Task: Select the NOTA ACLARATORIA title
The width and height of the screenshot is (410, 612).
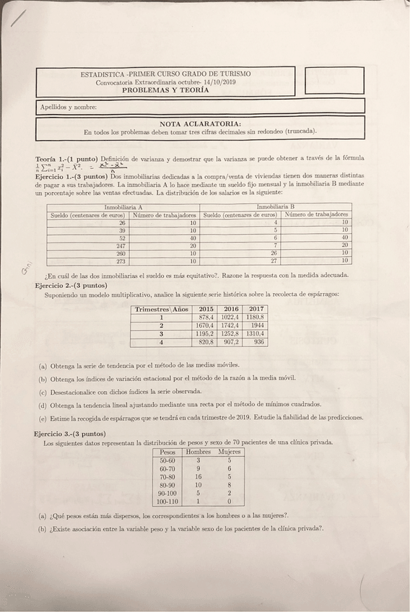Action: pos(200,123)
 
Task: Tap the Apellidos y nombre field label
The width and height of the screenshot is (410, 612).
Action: pos(69,107)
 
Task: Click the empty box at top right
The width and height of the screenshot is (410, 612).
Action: pos(333,81)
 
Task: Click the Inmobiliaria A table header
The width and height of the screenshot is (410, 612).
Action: pos(123,207)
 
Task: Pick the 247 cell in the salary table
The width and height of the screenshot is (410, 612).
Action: pos(121,245)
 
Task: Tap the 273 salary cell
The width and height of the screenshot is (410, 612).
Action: pos(121,261)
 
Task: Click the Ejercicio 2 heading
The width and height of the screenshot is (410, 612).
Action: pos(71,285)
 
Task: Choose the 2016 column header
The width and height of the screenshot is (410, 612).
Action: pos(230,308)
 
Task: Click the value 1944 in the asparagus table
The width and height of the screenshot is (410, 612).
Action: pos(257,325)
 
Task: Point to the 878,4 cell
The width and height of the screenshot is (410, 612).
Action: pos(206,317)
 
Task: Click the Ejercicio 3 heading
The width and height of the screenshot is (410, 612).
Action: pos(69,433)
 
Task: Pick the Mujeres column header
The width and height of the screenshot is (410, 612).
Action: pos(230,451)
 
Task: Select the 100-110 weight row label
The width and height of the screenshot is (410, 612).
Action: pos(167,501)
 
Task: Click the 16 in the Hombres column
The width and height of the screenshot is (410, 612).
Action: pos(198,476)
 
